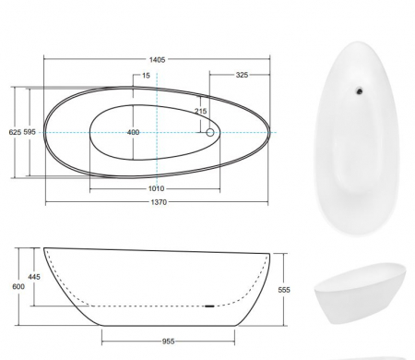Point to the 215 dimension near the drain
click(x=201, y=112)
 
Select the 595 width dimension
click(x=30, y=132)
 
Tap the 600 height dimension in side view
click(x=18, y=286)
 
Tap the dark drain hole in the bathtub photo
click(x=358, y=90)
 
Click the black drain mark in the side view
click(x=209, y=305)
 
